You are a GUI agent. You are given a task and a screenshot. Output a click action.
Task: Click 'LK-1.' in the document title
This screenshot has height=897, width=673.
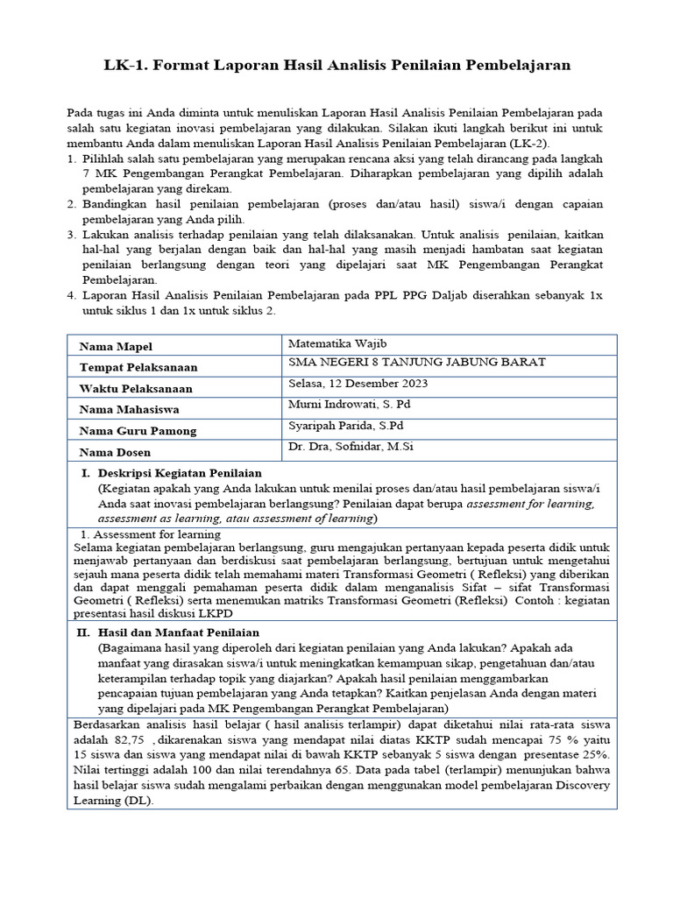click(x=128, y=65)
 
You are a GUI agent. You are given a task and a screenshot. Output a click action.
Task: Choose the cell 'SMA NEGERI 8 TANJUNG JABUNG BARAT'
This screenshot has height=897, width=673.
click(x=416, y=363)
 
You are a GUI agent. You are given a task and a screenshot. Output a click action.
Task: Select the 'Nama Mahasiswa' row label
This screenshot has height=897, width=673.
click(x=129, y=410)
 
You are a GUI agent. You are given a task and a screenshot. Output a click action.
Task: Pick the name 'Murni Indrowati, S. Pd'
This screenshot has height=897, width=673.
click(x=347, y=405)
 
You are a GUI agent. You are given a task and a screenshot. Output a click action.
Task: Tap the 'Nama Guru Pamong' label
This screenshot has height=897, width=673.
click(x=138, y=431)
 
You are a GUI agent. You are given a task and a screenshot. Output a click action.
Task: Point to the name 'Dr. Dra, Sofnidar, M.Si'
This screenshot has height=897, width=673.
click(x=351, y=447)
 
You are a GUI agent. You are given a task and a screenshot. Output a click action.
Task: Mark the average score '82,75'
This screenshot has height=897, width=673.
click(x=128, y=740)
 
